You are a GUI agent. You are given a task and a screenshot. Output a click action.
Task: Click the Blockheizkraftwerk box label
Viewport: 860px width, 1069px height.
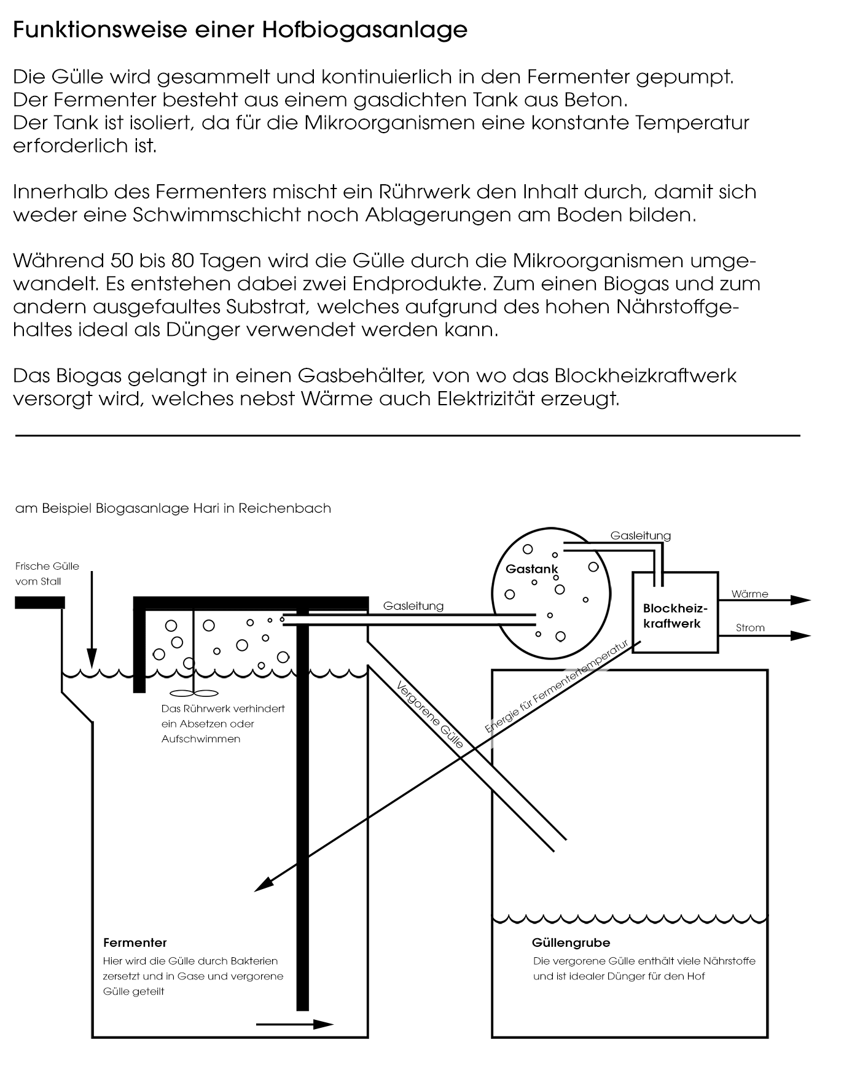pyautogui.click(x=675, y=616)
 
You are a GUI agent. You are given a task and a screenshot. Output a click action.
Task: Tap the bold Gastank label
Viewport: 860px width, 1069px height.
pyautogui.click(x=531, y=569)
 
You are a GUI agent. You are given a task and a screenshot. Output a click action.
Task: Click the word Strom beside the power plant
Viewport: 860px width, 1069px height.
pyautogui.click(x=750, y=628)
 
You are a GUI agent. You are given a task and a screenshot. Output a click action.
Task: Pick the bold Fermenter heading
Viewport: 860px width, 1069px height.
pyautogui.click(x=135, y=943)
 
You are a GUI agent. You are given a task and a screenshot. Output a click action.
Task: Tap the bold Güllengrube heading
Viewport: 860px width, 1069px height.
pyautogui.click(x=571, y=943)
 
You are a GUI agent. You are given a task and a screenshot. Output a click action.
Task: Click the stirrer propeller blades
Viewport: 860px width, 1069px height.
pyautogui.click(x=193, y=693)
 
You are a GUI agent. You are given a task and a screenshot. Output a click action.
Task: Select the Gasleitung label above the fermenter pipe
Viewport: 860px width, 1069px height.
pyautogui.click(x=413, y=606)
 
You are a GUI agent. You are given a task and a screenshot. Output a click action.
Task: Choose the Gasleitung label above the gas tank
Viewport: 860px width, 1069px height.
pyautogui.click(x=640, y=535)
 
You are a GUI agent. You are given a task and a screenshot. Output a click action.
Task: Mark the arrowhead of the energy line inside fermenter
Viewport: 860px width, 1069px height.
pyautogui.click(x=262, y=885)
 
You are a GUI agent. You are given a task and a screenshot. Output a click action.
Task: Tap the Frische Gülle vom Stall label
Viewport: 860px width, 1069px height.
pyautogui.click(x=47, y=573)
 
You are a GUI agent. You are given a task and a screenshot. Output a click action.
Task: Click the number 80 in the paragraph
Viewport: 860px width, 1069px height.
pyautogui.click(x=183, y=261)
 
